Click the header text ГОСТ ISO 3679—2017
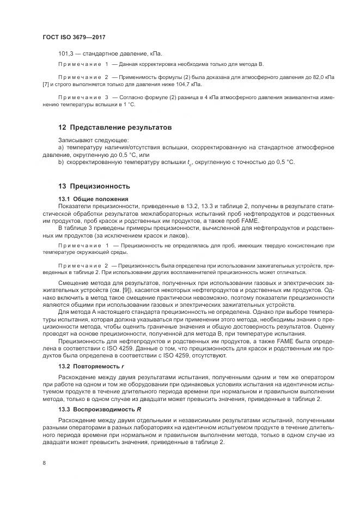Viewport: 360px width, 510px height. click(x=74, y=38)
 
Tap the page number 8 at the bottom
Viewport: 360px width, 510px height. click(x=44, y=463)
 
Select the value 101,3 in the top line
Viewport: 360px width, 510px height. click(x=65, y=53)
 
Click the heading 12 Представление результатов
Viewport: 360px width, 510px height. click(x=115, y=127)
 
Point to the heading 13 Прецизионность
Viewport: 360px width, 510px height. click(x=94, y=186)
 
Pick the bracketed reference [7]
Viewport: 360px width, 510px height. click(x=46, y=85)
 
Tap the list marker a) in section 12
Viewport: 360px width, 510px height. click(x=61, y=147)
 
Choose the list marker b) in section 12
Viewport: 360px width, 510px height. click(x=61, y=162)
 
